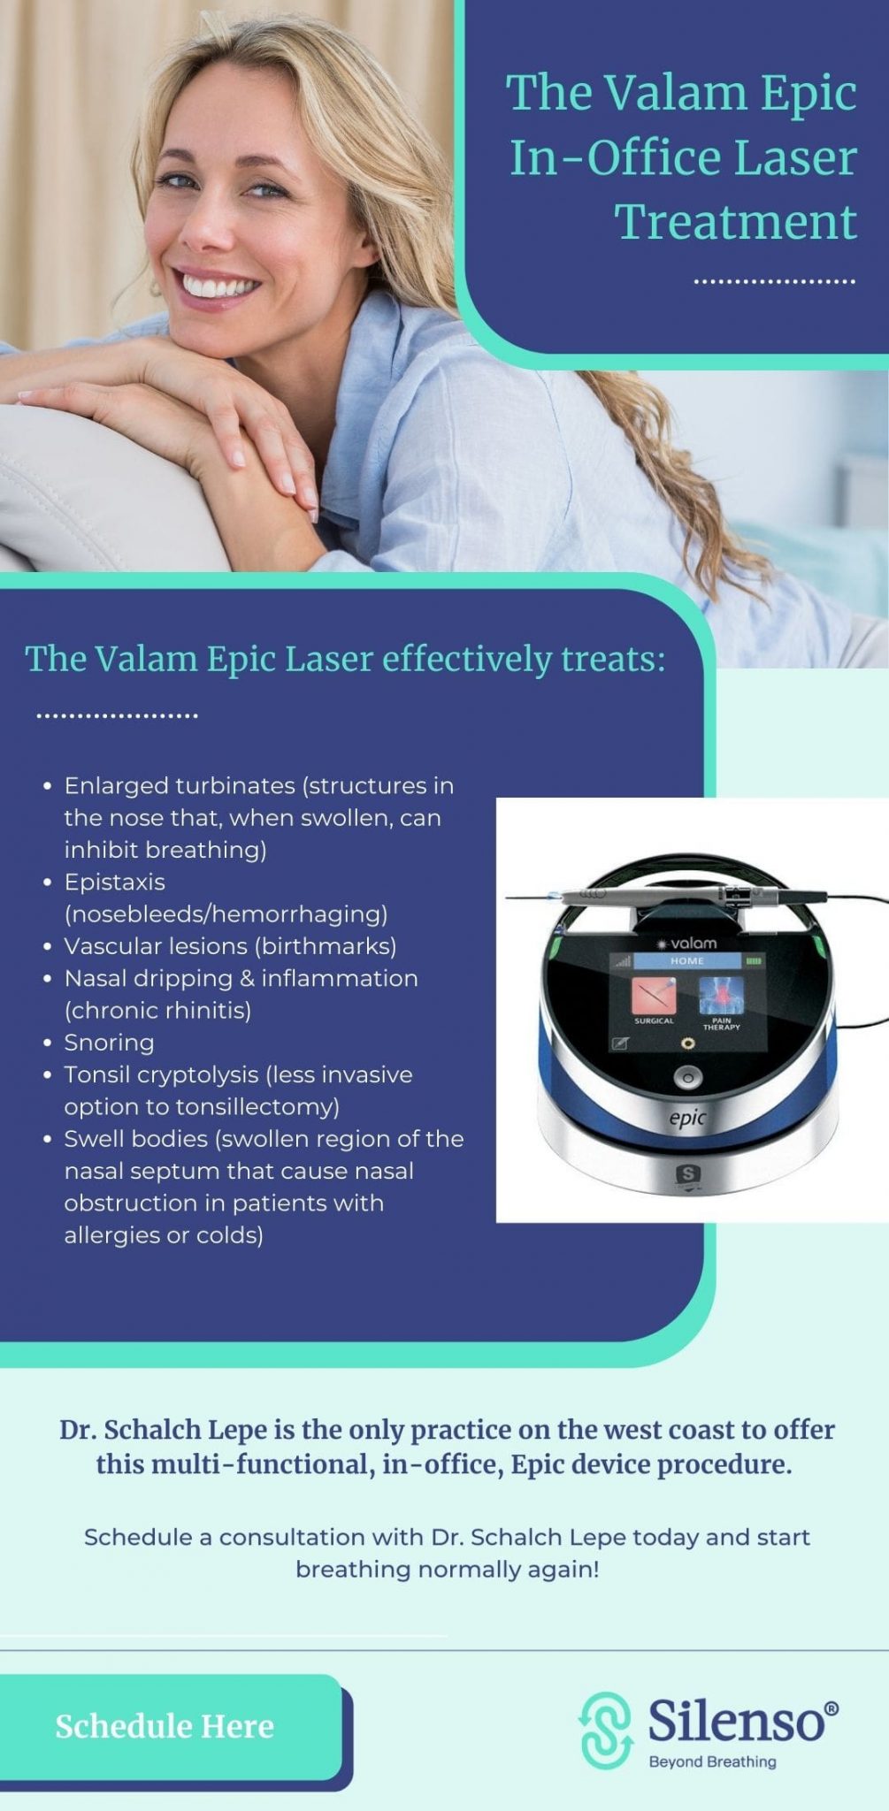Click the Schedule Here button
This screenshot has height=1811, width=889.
coord(165,1725)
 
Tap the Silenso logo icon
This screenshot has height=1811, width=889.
coord(606,1730)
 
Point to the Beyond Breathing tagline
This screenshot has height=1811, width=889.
coord(712,1761)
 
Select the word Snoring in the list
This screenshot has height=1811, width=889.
coord(109,1043)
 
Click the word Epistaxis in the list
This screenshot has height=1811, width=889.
coord(114,882)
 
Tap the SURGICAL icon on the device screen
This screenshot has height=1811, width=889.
coord(654,997)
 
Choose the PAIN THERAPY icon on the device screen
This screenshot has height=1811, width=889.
coord(721,997)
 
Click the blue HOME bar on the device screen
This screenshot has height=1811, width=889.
coord(687,960)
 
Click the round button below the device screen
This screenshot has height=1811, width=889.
coord(686,1078)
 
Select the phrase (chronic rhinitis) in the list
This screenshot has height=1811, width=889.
coord(157,1011)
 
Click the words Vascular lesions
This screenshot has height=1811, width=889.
coord(156,946)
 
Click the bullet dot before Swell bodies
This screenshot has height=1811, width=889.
coord(48,1139)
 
